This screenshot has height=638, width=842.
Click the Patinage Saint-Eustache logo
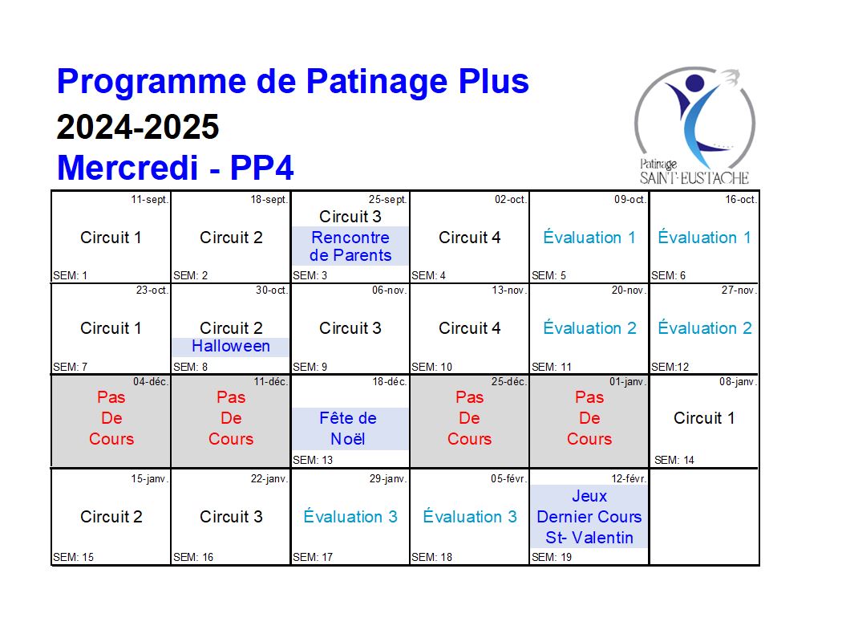point(694,126)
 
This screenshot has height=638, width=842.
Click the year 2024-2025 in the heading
point(138,127)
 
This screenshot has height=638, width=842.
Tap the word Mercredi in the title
point(128,167)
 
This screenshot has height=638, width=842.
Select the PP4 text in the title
point(261,167)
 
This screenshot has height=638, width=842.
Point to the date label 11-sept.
point(150,199)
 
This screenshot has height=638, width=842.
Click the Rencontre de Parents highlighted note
point(350,246)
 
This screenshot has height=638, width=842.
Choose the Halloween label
point(231,346)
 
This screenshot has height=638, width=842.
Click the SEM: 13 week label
point(313,460)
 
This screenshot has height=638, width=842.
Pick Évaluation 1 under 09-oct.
point(589,237)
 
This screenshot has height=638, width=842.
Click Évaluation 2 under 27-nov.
point(705,327)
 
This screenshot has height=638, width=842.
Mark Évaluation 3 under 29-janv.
point(350,516)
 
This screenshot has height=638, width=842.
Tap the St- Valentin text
point(589,538)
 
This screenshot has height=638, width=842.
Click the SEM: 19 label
point(552,558)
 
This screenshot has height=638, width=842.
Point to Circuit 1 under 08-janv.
point(704,418)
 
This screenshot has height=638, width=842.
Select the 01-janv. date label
point(628,382)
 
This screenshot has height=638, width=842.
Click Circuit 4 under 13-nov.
point(469,328)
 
